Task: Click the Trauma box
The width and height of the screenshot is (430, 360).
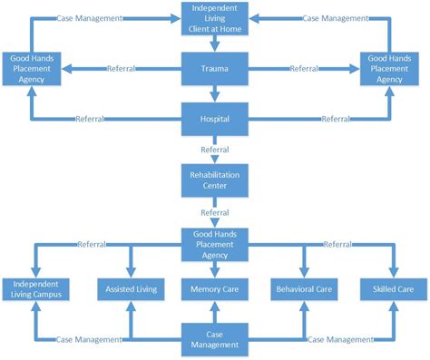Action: point(215,68)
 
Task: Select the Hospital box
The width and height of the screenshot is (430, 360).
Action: point(215,118)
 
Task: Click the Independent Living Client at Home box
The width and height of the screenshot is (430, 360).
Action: point(215,18)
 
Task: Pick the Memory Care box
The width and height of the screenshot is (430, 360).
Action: point(215,289)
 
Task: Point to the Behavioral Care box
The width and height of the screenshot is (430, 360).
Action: point(302,289)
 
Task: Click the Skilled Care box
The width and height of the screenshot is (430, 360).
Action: point(393,289)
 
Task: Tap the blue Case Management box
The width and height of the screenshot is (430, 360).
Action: point(215,338)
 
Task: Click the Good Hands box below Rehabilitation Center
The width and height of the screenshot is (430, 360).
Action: point(215,243)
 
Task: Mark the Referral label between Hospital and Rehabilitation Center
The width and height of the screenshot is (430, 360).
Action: point(215,150)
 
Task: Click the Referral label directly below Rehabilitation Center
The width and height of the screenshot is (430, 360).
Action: point(215,212)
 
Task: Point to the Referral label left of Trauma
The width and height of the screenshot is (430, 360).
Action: point(122,68)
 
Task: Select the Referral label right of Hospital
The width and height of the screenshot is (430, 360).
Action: point(336,119)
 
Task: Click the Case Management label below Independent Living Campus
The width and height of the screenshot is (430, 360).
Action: point(89,339)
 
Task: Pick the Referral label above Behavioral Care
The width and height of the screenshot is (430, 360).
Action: point(337,244)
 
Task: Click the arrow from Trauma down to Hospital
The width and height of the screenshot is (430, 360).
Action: point(215,93)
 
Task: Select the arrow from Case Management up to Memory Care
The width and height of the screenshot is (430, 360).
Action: point(215,314)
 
